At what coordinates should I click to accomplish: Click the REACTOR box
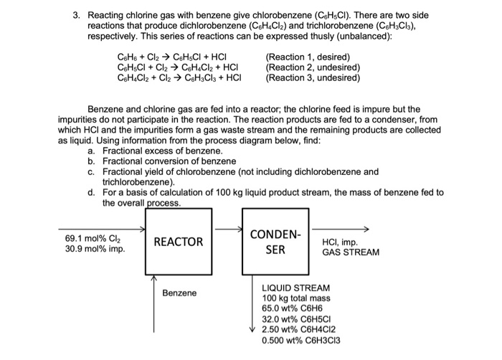tap(179, 242)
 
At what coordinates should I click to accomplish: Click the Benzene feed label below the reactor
tap(179, 293)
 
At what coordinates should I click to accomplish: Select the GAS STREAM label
tap(351, 253)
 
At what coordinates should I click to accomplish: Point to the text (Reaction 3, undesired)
tap(312, 78)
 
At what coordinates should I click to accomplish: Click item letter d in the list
tap(91, 192)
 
